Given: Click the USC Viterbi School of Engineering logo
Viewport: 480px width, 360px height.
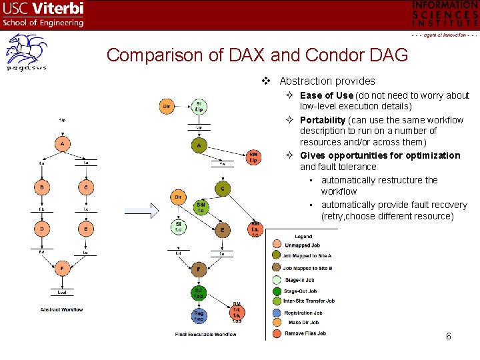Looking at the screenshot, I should coord(43,14).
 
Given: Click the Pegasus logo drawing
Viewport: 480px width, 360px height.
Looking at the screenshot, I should coord(27,53).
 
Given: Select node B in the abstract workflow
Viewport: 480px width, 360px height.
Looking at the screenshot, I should coord(41,188).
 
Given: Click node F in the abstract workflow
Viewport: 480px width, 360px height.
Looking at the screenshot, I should coord(62,269).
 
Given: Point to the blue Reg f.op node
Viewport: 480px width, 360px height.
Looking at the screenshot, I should coord(199,315).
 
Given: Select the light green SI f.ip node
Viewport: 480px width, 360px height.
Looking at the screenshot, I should coord(199,106).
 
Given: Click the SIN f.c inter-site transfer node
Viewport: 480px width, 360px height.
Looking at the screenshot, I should coord(201,207).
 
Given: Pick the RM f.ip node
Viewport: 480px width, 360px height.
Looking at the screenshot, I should coord(253,157).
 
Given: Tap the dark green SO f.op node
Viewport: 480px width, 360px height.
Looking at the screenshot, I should coord(199,294).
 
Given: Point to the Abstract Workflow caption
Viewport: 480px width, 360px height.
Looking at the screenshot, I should coord(61,309).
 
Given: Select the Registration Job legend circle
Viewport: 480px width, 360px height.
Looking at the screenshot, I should coord(277,311).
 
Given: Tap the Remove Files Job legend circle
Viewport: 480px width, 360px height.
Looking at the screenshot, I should coord(277,333).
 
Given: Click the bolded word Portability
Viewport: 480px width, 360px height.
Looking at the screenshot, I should coord(323,120).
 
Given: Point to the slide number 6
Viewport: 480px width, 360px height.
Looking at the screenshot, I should coord(449,336).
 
